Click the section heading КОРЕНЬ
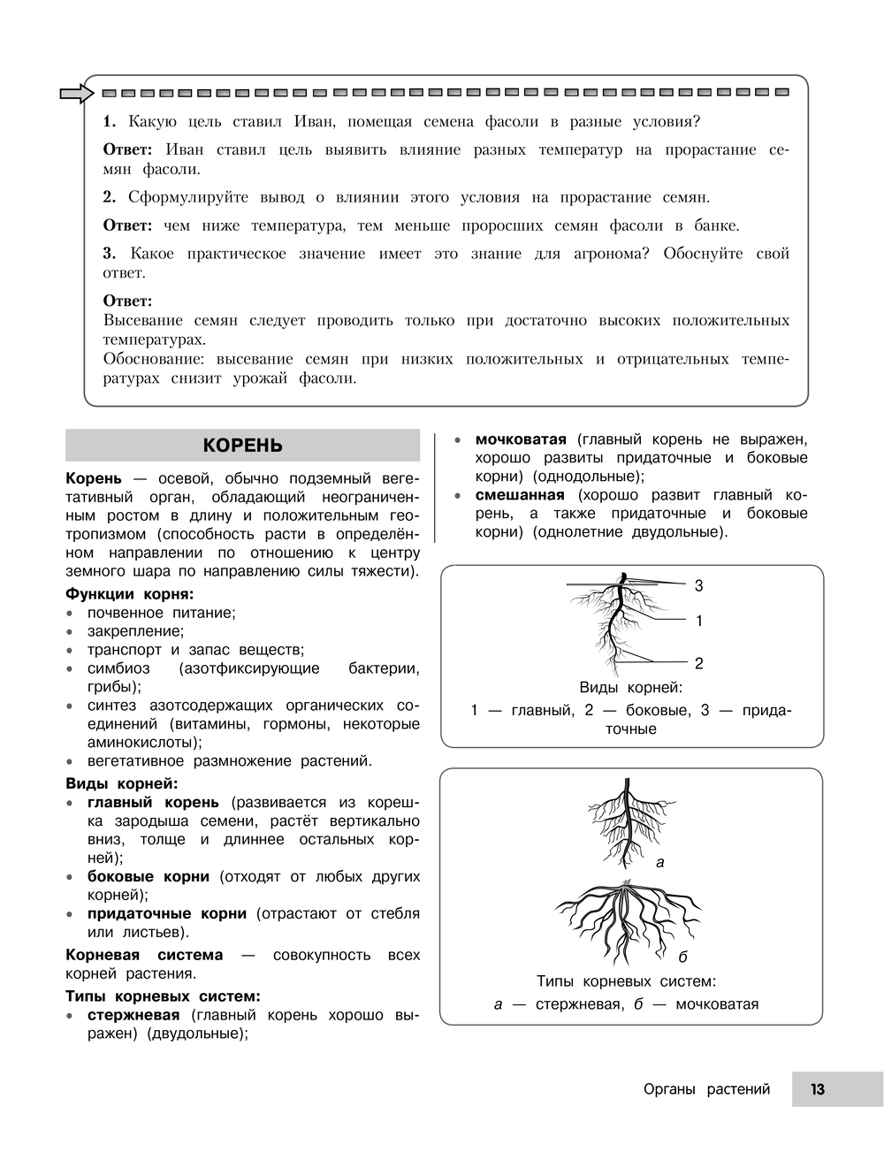242,445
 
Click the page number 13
817,1089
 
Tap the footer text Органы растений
706,1089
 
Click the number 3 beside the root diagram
698,585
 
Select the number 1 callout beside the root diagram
698,621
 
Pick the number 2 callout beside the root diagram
698,663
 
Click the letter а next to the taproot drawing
659,861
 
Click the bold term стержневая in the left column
133,1015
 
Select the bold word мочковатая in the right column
520,439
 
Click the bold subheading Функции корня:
129,594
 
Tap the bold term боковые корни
148,876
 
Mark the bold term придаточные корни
166,913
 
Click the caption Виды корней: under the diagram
630,688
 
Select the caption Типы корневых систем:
626,981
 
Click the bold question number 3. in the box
110,254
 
